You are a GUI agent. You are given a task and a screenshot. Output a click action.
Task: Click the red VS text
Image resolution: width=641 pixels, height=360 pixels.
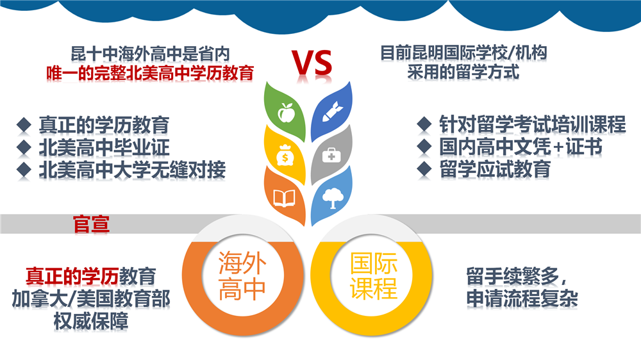[312, 63]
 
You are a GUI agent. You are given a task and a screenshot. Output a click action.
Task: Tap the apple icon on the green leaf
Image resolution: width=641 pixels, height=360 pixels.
[286, 112]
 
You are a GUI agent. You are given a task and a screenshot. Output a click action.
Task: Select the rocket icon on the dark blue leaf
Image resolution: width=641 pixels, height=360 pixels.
[332, 111]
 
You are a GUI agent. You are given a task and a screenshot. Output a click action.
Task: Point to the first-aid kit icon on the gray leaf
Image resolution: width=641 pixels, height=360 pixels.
[331, 155]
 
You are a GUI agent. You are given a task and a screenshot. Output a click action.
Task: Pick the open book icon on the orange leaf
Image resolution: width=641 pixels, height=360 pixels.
[284, 199]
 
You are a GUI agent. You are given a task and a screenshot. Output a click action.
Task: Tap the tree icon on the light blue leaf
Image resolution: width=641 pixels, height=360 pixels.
[332, 198]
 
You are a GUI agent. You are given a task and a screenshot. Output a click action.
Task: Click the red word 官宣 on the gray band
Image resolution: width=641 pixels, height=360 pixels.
[91, 224]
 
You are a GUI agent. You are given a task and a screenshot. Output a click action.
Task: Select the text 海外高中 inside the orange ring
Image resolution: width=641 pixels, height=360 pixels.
[242, 275]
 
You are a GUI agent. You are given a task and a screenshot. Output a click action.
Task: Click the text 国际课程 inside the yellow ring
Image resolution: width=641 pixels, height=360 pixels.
[374, 275]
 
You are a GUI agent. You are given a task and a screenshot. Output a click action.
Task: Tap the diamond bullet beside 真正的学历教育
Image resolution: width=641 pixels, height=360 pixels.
[24, 125]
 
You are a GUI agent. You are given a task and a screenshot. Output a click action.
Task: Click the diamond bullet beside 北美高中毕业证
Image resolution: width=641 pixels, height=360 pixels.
[24, 147]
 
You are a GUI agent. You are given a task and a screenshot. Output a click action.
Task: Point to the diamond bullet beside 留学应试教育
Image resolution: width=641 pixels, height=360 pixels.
[424, 169]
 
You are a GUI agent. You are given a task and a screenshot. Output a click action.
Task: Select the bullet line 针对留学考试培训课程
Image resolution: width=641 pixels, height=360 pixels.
[532, 124]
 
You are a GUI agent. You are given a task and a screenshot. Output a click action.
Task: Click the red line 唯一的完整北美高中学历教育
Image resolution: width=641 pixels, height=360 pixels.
[149, 73]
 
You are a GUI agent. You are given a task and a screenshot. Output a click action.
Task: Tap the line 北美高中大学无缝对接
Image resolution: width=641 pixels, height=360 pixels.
[132, 170]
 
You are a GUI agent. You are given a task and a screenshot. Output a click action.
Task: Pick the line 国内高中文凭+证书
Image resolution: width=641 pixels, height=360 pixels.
[520, 147]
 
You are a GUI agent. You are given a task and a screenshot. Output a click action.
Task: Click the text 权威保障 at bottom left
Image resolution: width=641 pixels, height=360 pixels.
[91, 321]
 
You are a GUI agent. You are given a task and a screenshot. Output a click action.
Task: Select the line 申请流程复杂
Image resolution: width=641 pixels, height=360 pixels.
[522, 299]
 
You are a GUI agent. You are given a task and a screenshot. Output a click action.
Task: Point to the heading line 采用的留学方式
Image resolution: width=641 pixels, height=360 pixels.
[463, 72]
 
